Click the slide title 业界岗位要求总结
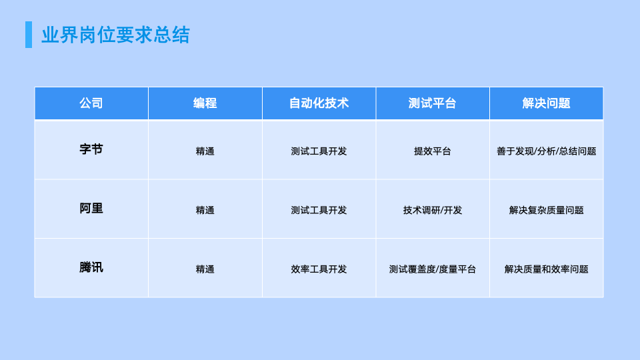pos(115,35)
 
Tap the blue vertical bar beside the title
pos(29,35)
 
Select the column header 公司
pos(91,103)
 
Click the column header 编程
pos(205,103)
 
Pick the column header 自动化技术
pos(319,103)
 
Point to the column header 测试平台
pos(433,103)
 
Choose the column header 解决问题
pos(546,103)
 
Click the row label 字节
pos(91,150)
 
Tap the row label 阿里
pos(91,209)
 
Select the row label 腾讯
pos(91,268)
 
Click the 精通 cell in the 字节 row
pos(205,151)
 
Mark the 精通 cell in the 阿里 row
pos(205,210)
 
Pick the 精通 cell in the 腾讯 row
pos(205,269)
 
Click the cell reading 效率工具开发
pos(319,269)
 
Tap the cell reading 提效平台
pos(433,151)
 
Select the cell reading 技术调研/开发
pos(433,210)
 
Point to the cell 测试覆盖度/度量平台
pos(433,269)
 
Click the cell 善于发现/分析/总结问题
pos(546,151)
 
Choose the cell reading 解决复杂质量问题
pos(546,210)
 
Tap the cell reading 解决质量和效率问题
pos(546,269)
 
